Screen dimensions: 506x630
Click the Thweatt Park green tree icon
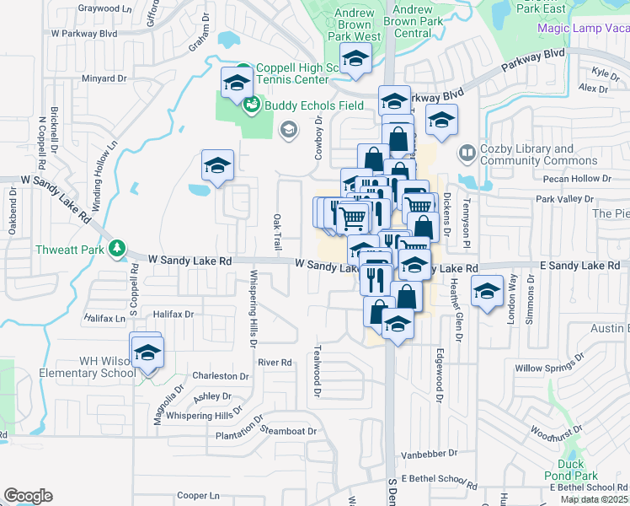point(117,249)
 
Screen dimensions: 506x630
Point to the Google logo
point(28,496)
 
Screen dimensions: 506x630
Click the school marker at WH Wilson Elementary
point(147,352)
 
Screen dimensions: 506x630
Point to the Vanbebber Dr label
point(428,455)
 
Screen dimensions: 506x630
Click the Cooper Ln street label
point(197,496)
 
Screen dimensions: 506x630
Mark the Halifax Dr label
point(174,314)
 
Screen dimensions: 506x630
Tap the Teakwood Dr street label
point(318,370)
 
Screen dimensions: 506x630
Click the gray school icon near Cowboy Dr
point(288,129)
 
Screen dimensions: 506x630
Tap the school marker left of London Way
point(487,293)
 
